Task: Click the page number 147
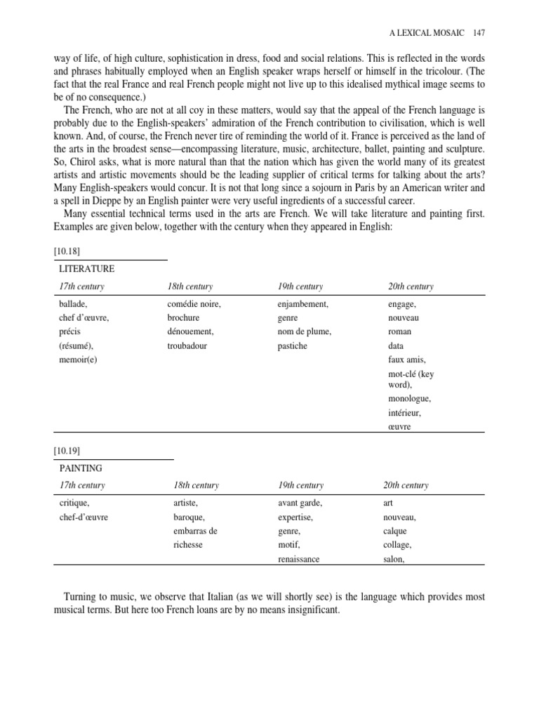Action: (479, 33)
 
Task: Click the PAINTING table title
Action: (81, 468)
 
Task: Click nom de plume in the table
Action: (304, 332)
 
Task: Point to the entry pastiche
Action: (292, 346)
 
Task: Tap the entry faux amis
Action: (407, 360)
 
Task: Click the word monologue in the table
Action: (409, 399)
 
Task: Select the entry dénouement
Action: (190, 332)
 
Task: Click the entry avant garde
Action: (300, 503)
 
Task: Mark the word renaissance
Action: (299, 560)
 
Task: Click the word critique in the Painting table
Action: (74, 503)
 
